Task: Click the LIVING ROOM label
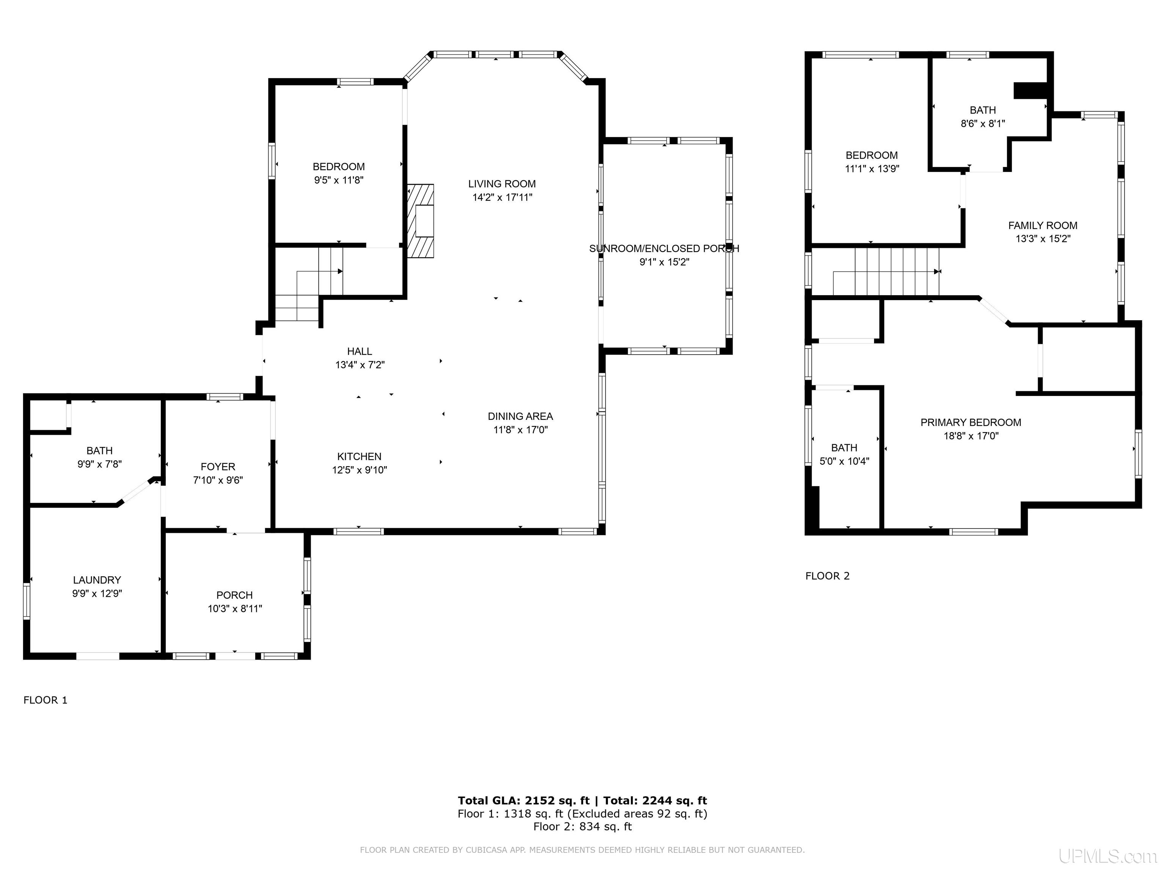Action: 502,184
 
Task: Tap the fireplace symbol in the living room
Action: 420,221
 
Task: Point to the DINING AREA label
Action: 520,416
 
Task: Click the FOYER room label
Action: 218,467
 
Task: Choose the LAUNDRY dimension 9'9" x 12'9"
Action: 97,593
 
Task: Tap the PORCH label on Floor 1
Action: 234,595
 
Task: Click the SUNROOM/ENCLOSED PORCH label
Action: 664,249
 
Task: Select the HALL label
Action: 360,351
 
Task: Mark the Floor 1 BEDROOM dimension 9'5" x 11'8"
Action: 339,180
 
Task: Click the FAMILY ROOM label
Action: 1043,225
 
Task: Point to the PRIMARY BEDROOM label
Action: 971,423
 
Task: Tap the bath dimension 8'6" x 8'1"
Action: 983,124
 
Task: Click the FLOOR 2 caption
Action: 827,576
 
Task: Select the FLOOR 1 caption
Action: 45,700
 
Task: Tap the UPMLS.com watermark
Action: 1108,857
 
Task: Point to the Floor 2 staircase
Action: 886,272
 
